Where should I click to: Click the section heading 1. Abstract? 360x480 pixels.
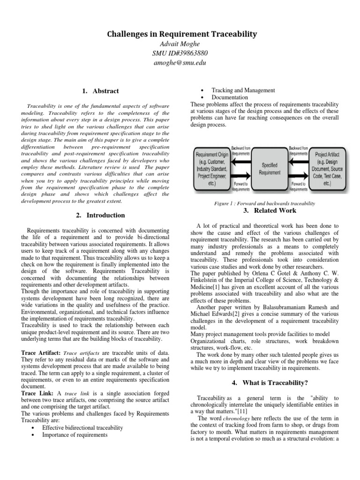(100, 91)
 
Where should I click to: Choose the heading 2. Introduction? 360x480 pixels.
(100, 215)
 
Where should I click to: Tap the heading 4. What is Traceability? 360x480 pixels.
(270, 383)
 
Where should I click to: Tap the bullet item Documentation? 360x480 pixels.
(230, 97)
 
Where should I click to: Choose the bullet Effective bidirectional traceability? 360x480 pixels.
(82, 427)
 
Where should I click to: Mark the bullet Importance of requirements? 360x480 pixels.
(75, 435)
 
